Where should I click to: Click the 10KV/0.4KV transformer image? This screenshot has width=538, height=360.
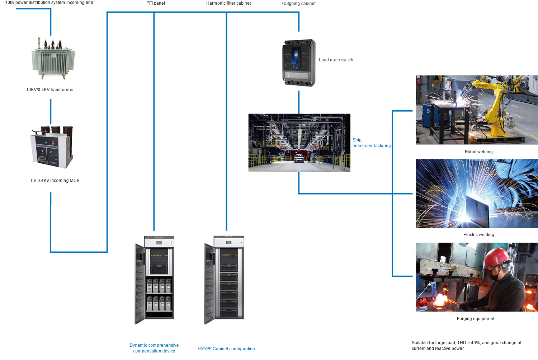point(53,59)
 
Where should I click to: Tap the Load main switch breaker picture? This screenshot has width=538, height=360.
point(299,63)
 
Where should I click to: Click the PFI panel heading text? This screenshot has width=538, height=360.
point(156,3)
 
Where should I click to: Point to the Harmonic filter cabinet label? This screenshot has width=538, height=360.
point(228,3)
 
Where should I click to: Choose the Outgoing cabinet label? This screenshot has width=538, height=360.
point(299,4)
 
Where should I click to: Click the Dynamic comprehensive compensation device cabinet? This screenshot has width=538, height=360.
point(155,280)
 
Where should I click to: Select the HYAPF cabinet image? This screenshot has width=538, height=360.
point(225,280)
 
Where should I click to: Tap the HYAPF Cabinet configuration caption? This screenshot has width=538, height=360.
point(226,349)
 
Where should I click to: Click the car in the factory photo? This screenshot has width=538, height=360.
point(299,158)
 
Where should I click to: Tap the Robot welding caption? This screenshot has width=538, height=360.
point(478,152)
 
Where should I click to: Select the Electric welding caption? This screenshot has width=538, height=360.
point(478,235)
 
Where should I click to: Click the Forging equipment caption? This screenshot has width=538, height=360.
point(476,319)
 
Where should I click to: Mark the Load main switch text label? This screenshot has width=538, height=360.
point(336,60)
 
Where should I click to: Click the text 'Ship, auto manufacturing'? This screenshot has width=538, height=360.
point(371,143)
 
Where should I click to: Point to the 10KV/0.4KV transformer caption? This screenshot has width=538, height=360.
point(50,90)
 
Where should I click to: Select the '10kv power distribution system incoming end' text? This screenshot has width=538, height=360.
point(49,3)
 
